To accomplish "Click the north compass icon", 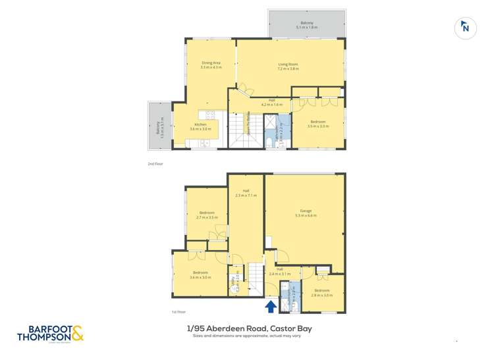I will tap(466, 28).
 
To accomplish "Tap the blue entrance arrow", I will tap(270, 306).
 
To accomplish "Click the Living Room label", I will tap(288, 66).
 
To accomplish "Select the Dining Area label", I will tap(211, 64).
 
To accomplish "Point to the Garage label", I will tap(306, 213).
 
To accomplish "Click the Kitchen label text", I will tap(200, 126).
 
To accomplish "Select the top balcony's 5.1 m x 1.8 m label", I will tap(307, 25).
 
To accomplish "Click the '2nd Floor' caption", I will tap(155, 163).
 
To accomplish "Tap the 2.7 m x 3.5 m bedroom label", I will tap(207, 215).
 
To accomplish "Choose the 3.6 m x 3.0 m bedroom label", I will tap(200, 274).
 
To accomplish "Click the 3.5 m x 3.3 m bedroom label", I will tap(317, 124).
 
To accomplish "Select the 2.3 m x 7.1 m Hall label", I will tap(246, 193).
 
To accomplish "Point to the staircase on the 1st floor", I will tap(254, 276).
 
